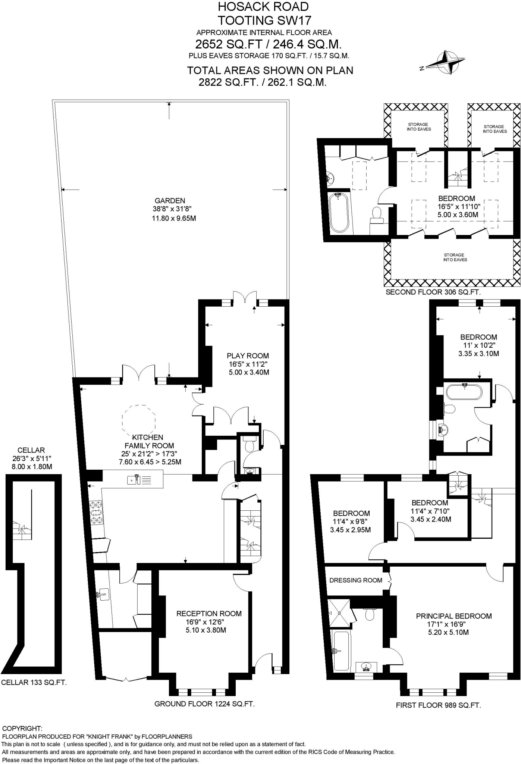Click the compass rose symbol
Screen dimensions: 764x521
click(x=446, y=62)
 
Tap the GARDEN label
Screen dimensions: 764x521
click(x=170, y=201)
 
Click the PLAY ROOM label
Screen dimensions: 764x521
click(x=248, y=356)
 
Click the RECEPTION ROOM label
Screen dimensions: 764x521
click(x=209, y=613)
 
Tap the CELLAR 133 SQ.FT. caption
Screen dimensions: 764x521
click(x=34, y=683)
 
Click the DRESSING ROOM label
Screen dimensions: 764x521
click(x=355, y=580)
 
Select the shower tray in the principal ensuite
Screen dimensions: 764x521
click(x=339, y=613)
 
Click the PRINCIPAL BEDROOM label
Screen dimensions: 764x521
click(x=453, y=616)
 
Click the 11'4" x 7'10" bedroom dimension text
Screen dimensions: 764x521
click(x=430, y=511)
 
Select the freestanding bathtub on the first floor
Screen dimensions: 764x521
click(x=464, y=392)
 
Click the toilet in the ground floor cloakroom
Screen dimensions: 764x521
click(x=249, y=446)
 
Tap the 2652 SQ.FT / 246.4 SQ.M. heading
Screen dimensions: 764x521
click(x=268, y=44)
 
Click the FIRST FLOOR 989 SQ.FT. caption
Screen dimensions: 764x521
click(x=438, y=705)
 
